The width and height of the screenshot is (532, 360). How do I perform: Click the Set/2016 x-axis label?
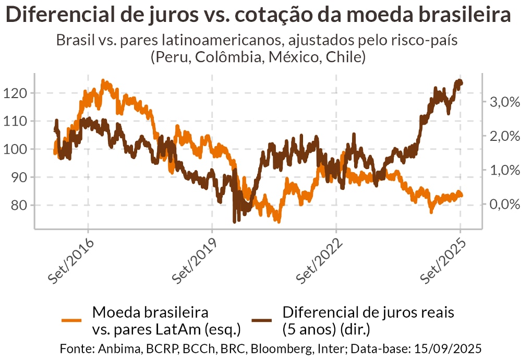coord(71,260)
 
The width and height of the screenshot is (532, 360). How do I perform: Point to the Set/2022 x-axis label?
coord(319,260)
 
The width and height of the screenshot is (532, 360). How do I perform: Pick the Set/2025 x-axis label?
coord(443,260)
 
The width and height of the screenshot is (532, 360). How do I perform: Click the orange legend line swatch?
coord(72,320)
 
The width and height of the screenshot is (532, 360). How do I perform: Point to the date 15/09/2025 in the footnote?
coord(451,348)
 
